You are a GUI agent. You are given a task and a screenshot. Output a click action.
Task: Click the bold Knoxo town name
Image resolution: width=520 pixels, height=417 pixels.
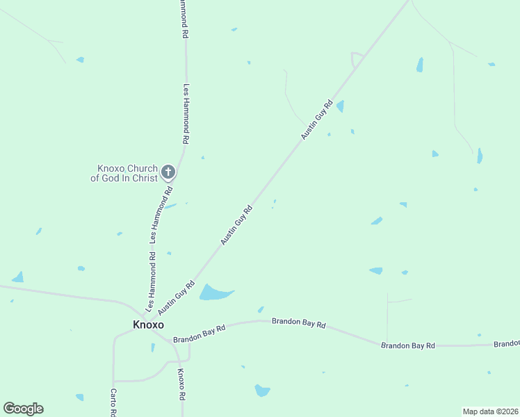[148, 325]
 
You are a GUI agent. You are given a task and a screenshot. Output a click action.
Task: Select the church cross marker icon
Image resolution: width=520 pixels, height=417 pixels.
[168, 172]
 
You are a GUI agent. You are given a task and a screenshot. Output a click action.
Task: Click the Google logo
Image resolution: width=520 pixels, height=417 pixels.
[23, 409]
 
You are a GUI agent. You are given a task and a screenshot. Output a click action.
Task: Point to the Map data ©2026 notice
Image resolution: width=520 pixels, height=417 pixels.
[490, 411]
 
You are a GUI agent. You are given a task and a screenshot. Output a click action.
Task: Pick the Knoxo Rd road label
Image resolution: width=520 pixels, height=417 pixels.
[181, 384]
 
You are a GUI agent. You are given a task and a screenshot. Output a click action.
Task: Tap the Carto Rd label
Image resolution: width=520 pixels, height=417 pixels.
[113, 402]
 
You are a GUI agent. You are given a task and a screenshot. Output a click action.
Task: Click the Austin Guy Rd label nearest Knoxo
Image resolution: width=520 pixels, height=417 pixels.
[177, 297]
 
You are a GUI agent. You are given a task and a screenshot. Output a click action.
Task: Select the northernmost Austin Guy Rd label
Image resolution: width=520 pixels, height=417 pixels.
[318, 120]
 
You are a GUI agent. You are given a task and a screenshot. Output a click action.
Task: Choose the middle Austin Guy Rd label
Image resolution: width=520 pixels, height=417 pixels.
[236, 224]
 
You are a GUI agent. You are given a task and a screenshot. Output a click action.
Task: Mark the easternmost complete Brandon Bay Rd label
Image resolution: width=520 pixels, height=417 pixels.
[408, 345]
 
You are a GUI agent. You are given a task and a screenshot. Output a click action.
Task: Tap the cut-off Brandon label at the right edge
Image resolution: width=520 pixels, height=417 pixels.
[507, 344]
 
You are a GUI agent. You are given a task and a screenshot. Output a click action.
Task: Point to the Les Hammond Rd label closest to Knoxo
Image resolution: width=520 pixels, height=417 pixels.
[152, 281]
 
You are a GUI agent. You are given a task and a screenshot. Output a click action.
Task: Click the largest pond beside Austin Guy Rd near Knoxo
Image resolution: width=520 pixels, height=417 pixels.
[214, 293]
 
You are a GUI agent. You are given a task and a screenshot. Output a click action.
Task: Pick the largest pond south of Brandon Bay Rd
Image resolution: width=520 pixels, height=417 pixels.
[262, 390]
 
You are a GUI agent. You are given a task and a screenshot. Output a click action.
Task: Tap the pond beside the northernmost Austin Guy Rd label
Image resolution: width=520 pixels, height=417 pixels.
[340, 106]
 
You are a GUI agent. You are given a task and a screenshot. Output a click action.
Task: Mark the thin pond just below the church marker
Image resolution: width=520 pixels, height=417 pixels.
[170, 206]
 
